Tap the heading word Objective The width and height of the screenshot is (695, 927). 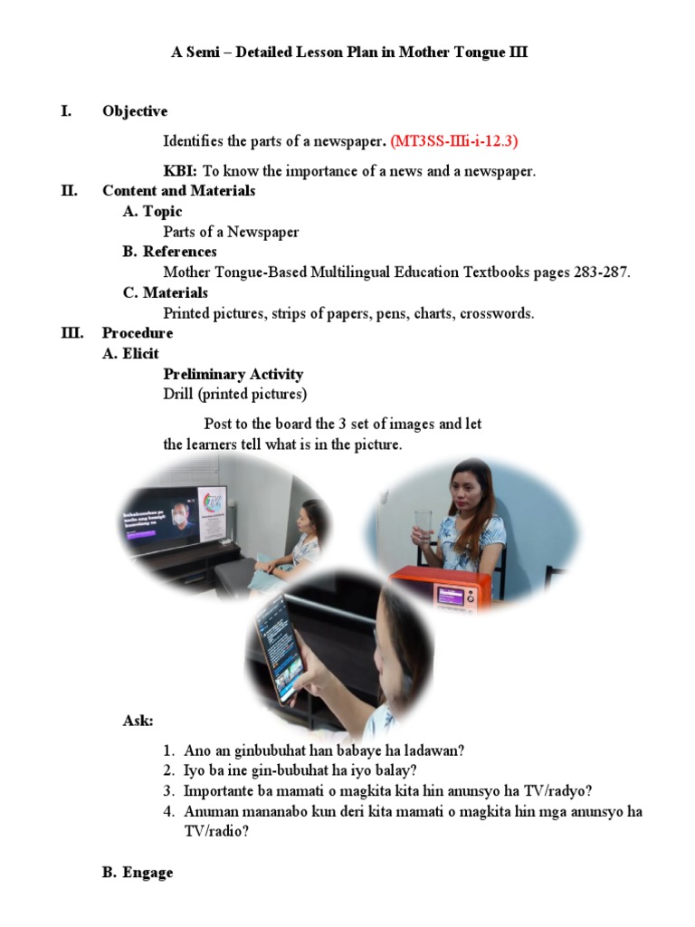point(135,111)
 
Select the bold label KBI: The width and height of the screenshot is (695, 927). point(180,171)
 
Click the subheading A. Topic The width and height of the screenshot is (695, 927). point(152,212)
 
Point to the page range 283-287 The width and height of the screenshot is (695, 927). point(601,272)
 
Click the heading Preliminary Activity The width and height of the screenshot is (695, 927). point(233,374)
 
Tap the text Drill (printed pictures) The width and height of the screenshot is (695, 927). point(234,394)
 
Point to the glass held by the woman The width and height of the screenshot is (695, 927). point(424,526)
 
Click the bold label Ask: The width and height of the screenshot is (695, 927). point(138,721)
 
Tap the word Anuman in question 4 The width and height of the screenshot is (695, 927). point(210,811)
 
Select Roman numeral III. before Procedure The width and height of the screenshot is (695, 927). point(71,333)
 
